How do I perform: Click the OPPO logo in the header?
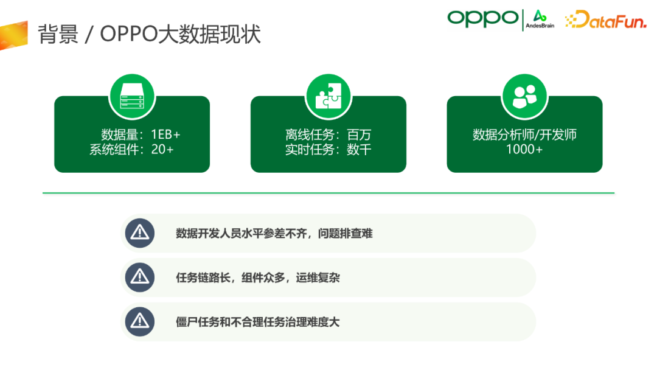pyautogui.click(x=483, y=19)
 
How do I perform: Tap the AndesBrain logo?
pyautogui.click(x=540, y=19)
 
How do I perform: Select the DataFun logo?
pyautogui.click(x=605, y=19)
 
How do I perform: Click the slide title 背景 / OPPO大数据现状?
pyautogui.click(x=149, y=34)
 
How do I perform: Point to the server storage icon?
pyautogui.click(x=132, y=96)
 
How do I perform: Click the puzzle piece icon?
pyautogui.click(x=328, y=96)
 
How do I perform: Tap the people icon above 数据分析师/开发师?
pyautogui.click(x=524, y=96)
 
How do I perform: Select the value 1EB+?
pyautogui.click(x=165, y=134)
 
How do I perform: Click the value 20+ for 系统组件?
pyautogui.click(x=162, y=149)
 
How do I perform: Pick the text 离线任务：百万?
pyautogui.click(x=328, y=134)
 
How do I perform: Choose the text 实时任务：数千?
pyautogui.click(x=328, y=149)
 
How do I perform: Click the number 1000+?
pyautogui.click(x=524, y=149)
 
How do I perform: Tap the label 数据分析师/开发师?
pyautogui.click(x=524, y=134)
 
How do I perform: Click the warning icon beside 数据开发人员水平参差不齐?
pyautogui.click(x=139, y=233)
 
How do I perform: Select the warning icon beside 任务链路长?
pyautogui.click(x=139, y=277)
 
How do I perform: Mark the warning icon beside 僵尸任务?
pyautogui.click(x=139, y=322)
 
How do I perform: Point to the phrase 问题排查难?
pyautogui.click(x=346, y=234)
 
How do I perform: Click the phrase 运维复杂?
pyautogui.click(x=318, y=277)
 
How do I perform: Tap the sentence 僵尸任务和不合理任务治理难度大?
pyautogui.click(x=258, y=322)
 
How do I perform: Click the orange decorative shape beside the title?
pyautogui.click(x=14, y=35)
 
